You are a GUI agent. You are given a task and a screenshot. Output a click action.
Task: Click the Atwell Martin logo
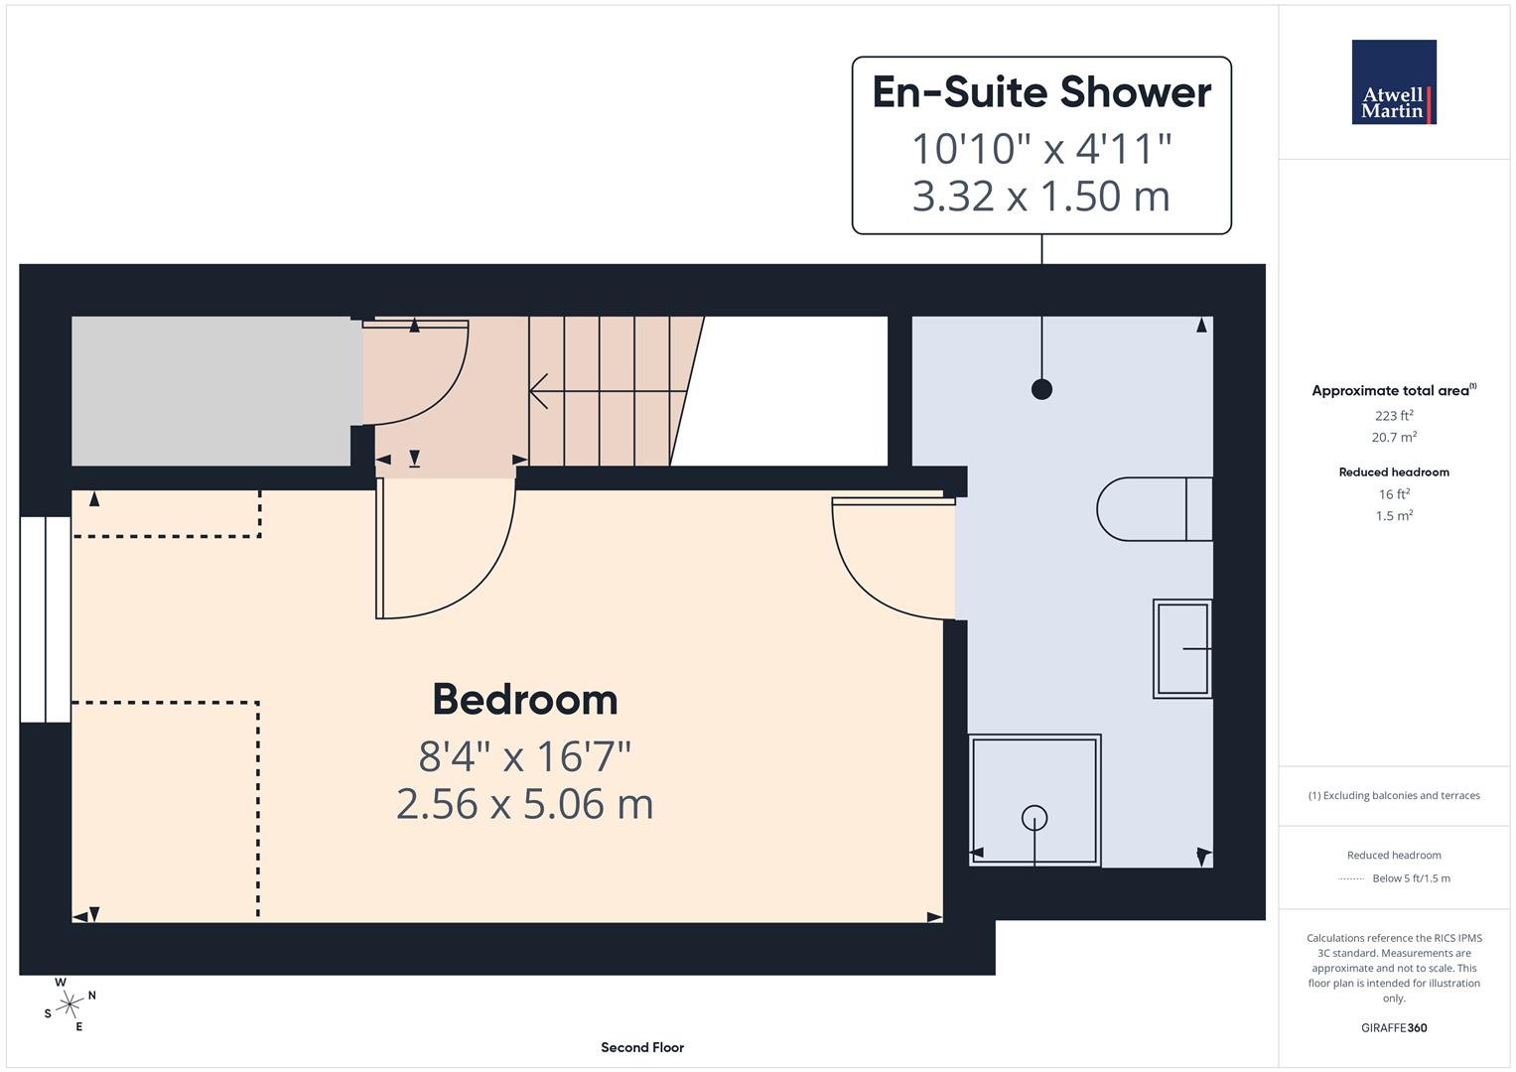1394,82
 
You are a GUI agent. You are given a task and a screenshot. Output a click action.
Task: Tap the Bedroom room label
524,700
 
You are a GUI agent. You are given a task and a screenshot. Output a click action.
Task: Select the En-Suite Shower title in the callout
1041,92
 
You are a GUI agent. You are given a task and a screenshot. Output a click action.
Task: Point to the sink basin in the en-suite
1181,648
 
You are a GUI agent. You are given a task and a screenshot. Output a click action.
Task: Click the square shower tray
1034,800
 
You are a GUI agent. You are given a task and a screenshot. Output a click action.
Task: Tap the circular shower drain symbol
1034,818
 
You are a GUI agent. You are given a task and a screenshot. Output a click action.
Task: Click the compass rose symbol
69,1005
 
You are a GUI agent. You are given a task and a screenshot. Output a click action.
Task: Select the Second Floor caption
642,1047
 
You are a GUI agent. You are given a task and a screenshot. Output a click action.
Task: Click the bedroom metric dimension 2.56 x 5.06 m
524,804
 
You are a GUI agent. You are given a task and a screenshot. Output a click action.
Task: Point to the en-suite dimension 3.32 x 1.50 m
1041,196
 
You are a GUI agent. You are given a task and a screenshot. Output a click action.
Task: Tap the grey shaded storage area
210,391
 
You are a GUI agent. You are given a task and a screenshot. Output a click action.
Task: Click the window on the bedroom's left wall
46,618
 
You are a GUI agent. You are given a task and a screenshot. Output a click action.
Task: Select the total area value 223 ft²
1394,416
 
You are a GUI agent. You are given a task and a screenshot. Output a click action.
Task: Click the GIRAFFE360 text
1394,1027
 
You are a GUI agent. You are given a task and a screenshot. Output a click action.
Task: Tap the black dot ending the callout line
1041,389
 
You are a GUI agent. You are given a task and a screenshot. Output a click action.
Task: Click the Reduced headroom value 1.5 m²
1394,516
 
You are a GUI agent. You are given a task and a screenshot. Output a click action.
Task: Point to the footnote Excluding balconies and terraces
1394,795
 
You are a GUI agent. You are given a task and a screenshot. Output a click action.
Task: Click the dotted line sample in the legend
1351,878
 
